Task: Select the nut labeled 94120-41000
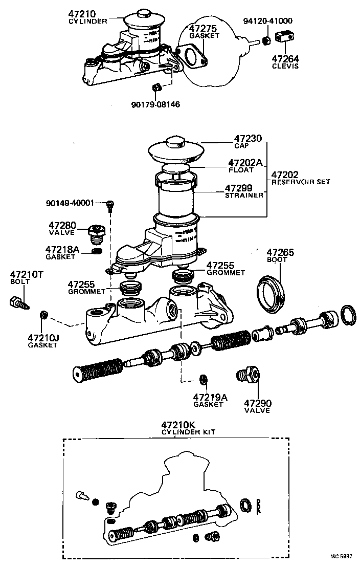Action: [x=266, y=40]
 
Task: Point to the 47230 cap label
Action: [x=248, y=139]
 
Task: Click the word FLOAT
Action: [x=239, y=169]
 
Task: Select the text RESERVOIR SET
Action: [x=301, y=182]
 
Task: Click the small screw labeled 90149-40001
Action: [x=109, y=205]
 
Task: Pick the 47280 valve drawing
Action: [x=96, y=234]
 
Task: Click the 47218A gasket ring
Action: [x=96, y=251]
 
